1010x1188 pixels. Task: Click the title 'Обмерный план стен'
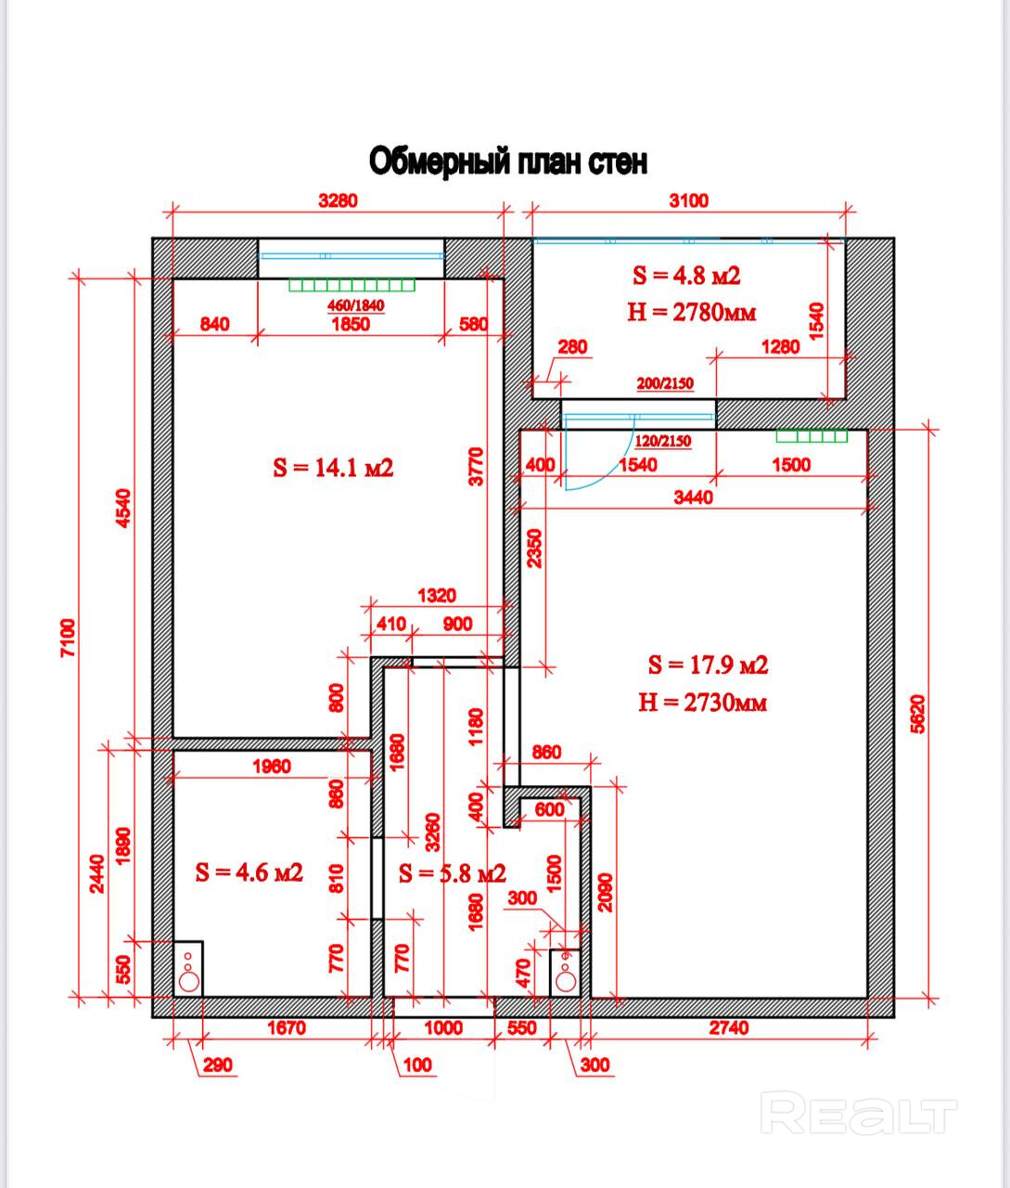(x=508, y=161)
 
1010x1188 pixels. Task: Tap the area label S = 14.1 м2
(x=333, y=468)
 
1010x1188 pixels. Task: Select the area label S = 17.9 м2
(x=708, y=665)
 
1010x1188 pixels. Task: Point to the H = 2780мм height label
(x=691, y=312)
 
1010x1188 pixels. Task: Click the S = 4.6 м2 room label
(x=249, y=872)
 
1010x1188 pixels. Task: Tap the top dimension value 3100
(x=688, y=200)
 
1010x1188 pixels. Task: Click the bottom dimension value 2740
(x=729, y=1027)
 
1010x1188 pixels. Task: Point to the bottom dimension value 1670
(x=287, y=1027)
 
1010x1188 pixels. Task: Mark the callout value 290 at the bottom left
(x=219, y=1065)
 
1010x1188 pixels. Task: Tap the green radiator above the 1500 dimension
(x=812, y=436)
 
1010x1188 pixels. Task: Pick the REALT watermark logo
(x=858, y=1113)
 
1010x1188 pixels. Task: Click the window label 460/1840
(x=356, y=305)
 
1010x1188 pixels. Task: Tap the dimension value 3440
(x=693, y=497)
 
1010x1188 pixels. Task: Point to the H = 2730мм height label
(x=703, y=703)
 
